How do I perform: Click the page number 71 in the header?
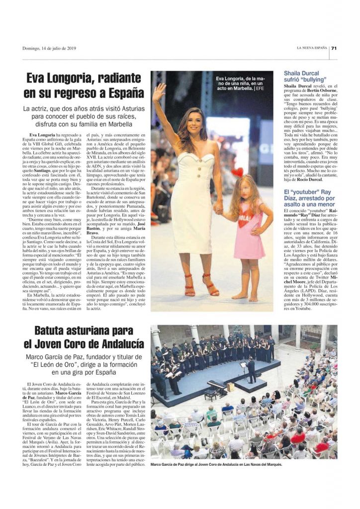point(335,48)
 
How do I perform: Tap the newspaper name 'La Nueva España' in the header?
point(312,48)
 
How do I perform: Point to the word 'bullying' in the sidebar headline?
point(312,79)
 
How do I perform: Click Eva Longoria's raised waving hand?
point(159,91)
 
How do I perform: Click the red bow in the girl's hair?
point(238,172)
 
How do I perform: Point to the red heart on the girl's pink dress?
point(243,221)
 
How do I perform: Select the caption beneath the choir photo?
point(216,465)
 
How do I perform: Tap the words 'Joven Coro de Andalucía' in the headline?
point(89,343)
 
